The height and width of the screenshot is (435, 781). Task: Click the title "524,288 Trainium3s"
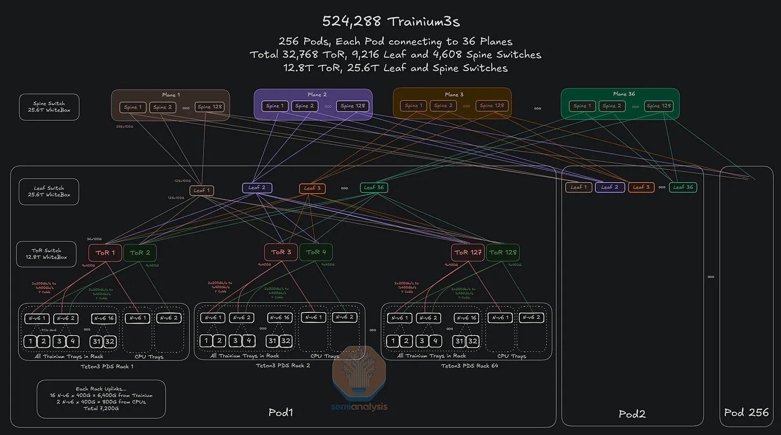point(390,21)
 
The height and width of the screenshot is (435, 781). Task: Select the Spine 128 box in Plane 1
point(210,107)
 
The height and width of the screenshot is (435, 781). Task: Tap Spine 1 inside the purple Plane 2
point(275,106)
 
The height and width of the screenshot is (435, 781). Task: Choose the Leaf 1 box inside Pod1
point(202,191)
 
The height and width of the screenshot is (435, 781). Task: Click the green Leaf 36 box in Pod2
point(683,187)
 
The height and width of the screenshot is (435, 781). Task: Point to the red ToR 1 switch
point(105,252)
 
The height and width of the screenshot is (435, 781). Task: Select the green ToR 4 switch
point(316,252)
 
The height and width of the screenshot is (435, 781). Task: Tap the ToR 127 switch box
point(468,252)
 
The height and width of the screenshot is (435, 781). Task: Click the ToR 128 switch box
point(503,252)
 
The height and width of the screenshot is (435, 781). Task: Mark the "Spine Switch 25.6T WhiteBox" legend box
point(49,107)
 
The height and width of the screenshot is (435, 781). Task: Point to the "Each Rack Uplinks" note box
point(101,399)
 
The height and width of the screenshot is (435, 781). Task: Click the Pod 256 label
point(747,412)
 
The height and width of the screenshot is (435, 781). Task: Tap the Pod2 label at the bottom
point(632,414)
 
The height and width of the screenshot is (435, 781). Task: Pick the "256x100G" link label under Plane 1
point(124,127)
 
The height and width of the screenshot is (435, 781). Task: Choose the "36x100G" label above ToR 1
point(94,239)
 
